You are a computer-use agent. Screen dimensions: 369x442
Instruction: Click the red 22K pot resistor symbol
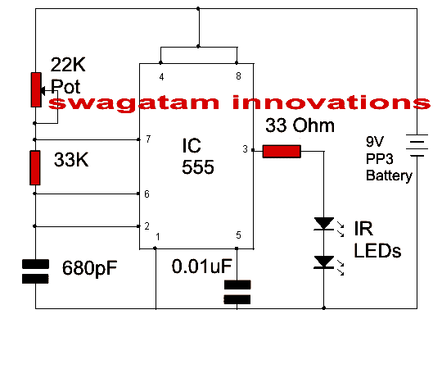click(35, 89)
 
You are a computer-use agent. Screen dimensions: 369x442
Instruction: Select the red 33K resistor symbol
click(35, 167)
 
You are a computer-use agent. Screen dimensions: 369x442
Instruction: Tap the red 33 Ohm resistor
click(282, 151)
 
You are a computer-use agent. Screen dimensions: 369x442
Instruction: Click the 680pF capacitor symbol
click(35, 271)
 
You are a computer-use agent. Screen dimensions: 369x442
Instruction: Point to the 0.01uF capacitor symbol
click(237, 291)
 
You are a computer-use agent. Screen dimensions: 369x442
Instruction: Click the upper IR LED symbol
click(324, 223)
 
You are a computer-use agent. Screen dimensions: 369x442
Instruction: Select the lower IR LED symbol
click(324, 262)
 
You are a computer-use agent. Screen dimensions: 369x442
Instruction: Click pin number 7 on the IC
click(147, 139)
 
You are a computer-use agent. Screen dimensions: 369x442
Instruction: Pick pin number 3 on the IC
click(244, 149)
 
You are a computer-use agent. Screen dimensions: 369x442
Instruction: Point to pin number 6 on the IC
click(147, 194)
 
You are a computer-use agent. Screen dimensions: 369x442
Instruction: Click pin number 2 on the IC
click(147, 225)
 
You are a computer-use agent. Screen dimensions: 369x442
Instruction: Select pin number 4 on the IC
click(161, 76)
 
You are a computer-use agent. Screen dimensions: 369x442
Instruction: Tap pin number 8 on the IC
click(237, 76)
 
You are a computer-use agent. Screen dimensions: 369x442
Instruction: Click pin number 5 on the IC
click(237, 236)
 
